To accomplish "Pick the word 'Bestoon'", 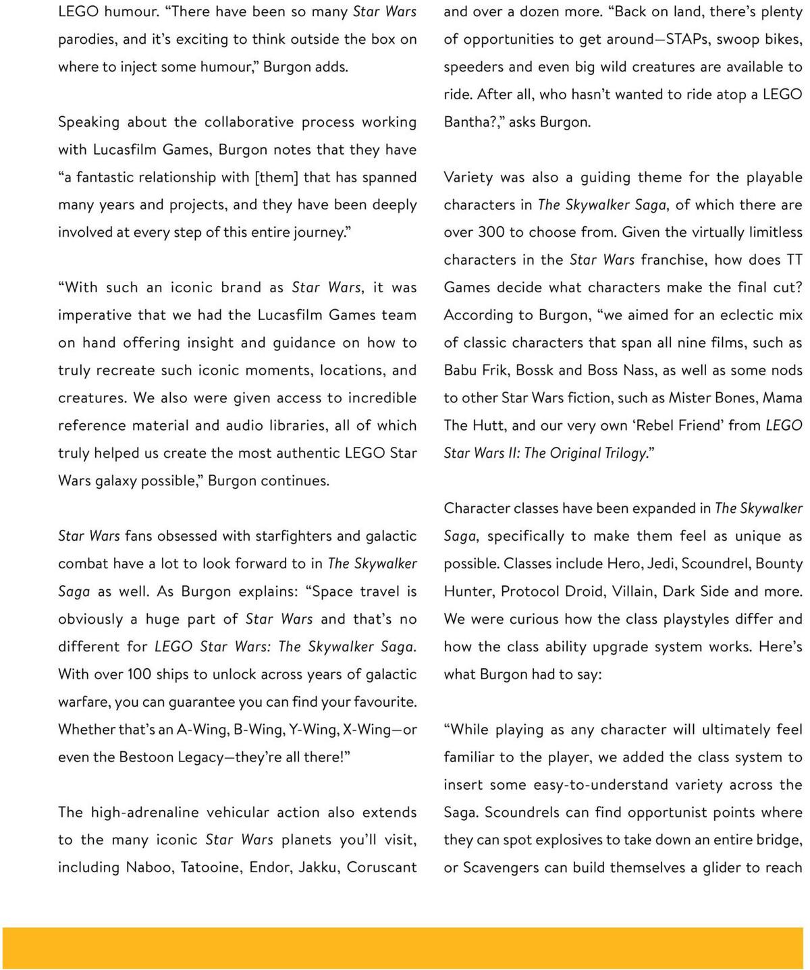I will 146,757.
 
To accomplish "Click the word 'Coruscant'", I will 382,867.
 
